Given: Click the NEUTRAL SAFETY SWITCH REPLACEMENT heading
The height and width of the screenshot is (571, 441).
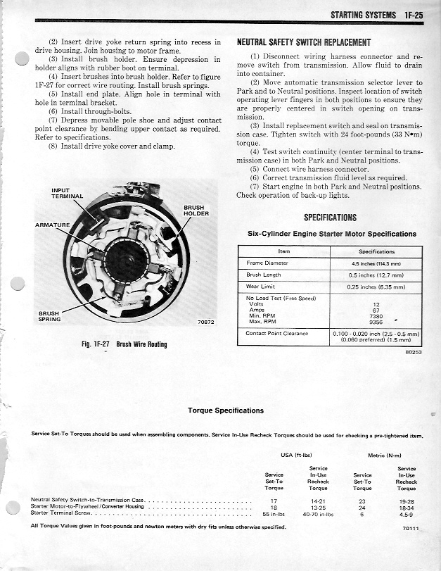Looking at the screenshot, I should tap(304, 42).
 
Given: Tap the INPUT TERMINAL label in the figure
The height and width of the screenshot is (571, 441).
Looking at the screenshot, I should tap(68, 193).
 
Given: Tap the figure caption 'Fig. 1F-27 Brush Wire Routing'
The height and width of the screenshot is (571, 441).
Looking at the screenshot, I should tap(124, 344).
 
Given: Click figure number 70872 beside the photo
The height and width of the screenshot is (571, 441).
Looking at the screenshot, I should tap(206, 322).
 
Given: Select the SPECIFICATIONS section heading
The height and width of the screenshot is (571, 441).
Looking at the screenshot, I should tap(330, 218).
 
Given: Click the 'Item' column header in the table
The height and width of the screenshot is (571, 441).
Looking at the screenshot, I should tap(284, 251).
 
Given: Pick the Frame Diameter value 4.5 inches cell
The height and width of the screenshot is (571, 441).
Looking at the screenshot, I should tap(376, 263).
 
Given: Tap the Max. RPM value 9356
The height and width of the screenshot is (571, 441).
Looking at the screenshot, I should tap(376, 322).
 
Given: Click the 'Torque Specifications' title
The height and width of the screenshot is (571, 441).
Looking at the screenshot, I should tap(226, 410).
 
